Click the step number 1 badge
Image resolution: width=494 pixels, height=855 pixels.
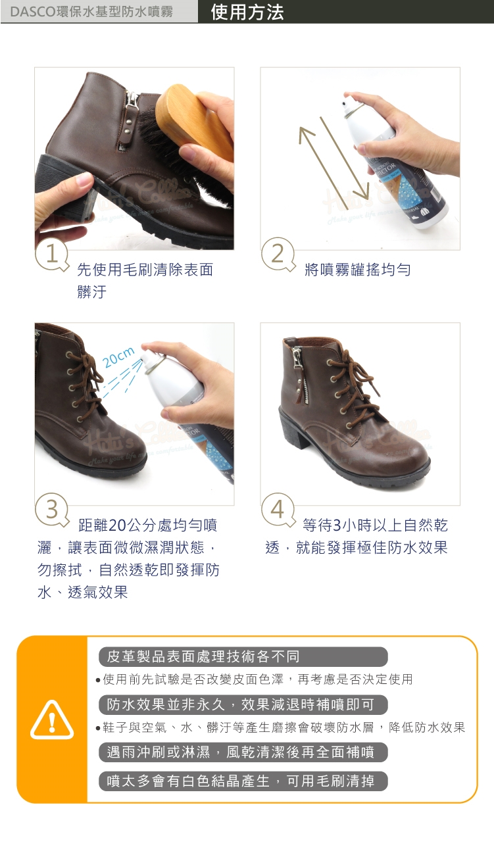pyautogui.click(x=51, y=255)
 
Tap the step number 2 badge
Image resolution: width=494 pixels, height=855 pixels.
pyautogui.click(x=278, y=255)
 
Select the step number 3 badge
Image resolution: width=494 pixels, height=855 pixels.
pyautogui.click(x=51, y=510)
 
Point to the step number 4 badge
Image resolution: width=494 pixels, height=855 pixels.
pyautogui.click(x=278, y=510)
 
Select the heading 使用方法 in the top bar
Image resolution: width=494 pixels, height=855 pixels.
pyautogui.click(x=247, y=12)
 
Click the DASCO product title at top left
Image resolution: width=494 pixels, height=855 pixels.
pyautogui.click(x=91, y=12)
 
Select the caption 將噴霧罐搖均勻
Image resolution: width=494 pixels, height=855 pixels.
pyautogui.click(x=358, y=270)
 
